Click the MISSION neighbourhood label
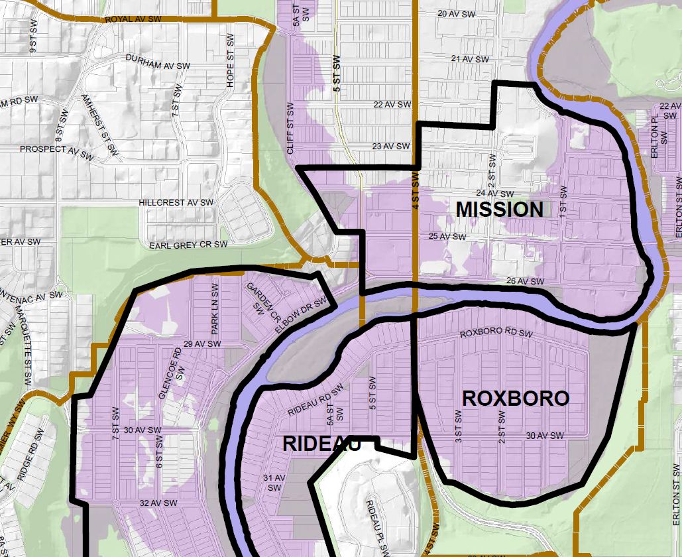point(500,210)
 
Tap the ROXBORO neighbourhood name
point(515,399)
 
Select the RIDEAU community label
point(321,444)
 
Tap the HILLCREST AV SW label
point(176,202)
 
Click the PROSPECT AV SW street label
point(56,150)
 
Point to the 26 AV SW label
point(524,282)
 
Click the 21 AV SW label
point(469,59)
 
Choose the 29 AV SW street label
point(202,344)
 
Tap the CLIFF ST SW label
point(290,129)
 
